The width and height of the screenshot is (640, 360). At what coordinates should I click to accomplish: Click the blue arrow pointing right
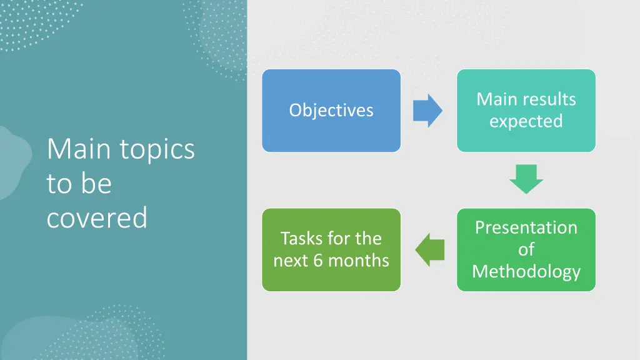pyautogui.click(x=427, y=111)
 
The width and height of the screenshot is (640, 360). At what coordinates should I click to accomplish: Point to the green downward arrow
pyautogui.click(x=526, y=178)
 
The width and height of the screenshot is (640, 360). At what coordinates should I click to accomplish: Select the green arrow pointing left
pyautogui.click(x=430, y=250)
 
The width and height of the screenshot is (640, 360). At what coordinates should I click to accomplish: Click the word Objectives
pyautogui.click(x=331, y=111)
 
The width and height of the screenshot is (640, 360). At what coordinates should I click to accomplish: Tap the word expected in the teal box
pyautogui.click(x=526, y=121)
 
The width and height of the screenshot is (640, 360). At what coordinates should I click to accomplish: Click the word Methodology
pyautogui.click(x=526, y=271)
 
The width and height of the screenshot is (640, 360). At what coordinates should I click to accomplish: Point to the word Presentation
pyautogui.click(x=526, y=227)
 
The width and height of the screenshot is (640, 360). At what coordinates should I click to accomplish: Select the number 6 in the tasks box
pyautogui.click(x=317, y=260)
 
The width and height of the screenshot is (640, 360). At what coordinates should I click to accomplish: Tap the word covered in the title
pyautogui.click(x=97, y=217)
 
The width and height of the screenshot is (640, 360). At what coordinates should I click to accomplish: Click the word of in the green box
pyautogui.click(x=526, y=249)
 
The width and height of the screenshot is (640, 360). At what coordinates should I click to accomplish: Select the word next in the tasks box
pyautogui.click(x=291, y=260)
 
